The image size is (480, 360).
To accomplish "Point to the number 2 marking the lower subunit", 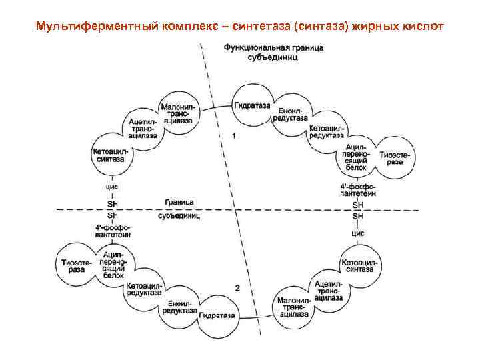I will (238, 287).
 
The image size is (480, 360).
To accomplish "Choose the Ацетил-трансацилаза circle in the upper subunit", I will (144, 127).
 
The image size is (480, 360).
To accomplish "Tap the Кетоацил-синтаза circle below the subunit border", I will (359, 265).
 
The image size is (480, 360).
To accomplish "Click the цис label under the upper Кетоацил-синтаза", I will (113, 187).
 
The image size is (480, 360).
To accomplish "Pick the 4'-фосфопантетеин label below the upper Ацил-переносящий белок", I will (358, 189).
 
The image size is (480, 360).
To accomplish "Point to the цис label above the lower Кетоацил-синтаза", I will (358, 234).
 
